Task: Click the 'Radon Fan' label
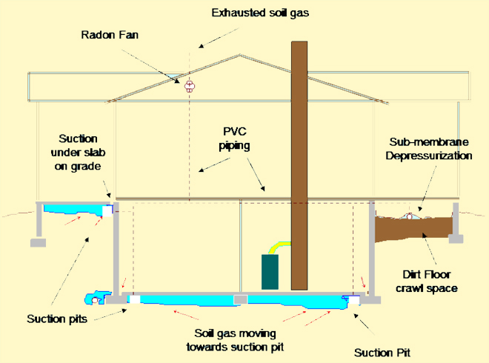[110, 35]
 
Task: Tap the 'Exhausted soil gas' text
[260, 13]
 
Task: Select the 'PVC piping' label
[235, 139]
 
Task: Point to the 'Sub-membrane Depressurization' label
[429, 149]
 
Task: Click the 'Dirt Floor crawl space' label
[427, 282]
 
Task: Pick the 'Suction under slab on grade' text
[78, 152]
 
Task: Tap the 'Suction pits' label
[57, 319]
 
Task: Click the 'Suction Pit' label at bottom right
[382, 353]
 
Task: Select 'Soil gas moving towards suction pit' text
[235, 340]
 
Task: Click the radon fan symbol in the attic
[190, 86]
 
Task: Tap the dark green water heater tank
[270, 272]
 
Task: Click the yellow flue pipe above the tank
[279, 247]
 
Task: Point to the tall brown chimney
[299, 166]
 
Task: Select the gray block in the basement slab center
[241, 299]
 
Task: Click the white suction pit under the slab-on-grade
[107, 211]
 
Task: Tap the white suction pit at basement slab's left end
[135, 299]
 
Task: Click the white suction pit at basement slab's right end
[354, 300]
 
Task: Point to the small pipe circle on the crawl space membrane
[410, 216]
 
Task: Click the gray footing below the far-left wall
[38, 243]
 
